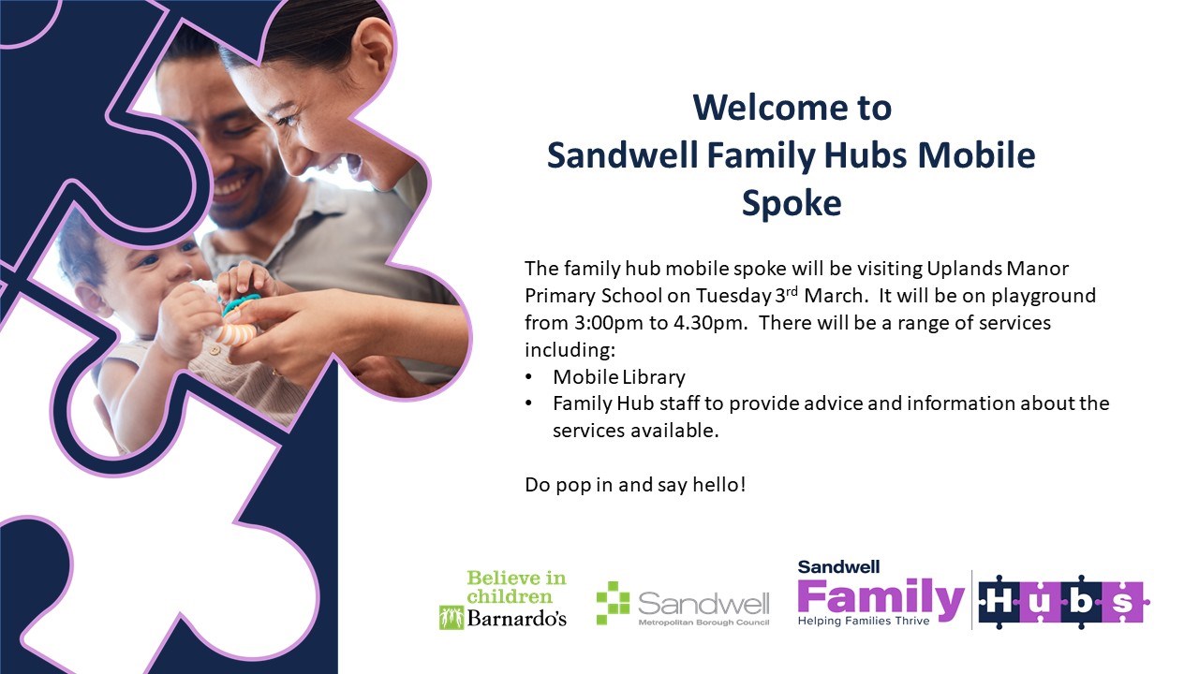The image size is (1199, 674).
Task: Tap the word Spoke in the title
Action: click(x=792, y=204)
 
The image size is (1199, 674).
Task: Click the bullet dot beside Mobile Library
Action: click(x=529, y=377)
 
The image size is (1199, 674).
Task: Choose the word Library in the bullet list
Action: click(x=653, y=377)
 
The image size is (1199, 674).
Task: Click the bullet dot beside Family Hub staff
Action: click(x=529, y=403)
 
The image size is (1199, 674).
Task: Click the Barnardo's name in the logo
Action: click(x=516, y=619)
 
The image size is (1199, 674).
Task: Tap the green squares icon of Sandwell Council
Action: click(x=614, y=603)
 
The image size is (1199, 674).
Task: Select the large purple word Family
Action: click(x=881, y=598)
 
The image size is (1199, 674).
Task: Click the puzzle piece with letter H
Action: click(x=999, y=602)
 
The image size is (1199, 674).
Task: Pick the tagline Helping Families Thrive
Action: click(x=864, y=621)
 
